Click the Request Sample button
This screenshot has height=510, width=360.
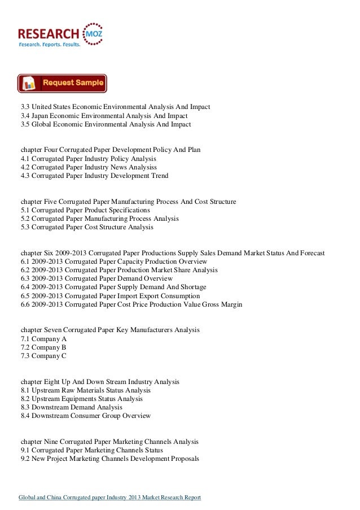[x=62, y=83]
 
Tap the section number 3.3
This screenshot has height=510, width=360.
[x=25, y=107]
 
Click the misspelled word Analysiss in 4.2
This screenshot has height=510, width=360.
[x=141, y=167]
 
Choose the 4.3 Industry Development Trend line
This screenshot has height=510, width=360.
[x=94, y=176]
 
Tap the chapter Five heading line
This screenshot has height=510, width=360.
[x=128, y=202]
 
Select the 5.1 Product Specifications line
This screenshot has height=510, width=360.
[x=85, y=210]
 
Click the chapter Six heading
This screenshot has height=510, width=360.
[x=172, y=253]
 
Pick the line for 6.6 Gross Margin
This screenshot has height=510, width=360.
[x=131, y=304]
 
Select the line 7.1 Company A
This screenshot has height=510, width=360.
[x=39, y=339]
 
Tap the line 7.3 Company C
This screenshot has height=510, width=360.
[x=39, y=356]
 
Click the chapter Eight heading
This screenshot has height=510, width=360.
[x=99, y=382]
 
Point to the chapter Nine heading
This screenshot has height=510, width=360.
[x=109, y=442]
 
